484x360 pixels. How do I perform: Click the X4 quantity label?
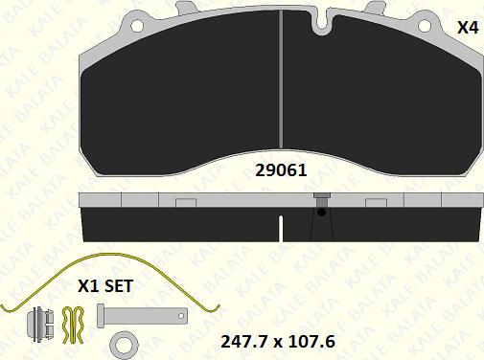468,28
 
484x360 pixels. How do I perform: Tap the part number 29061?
281,170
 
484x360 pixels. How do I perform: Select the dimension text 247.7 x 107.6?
278,342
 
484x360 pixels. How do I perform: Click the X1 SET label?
105,286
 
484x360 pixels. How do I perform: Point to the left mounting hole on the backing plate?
137,26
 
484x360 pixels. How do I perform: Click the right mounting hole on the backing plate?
425,26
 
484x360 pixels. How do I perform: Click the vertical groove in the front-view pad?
281,79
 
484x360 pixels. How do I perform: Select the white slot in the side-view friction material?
281,228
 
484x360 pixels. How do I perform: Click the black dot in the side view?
322,212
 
